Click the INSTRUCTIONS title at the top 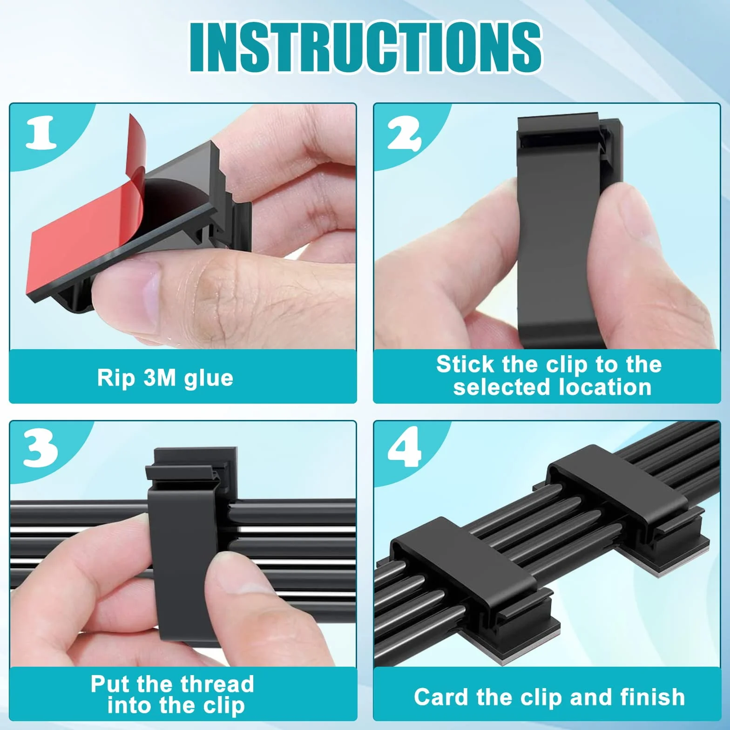tap(365, 47)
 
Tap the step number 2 tap(405, 133)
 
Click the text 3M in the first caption tap(160, 378)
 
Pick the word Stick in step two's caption tap(465, 364)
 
